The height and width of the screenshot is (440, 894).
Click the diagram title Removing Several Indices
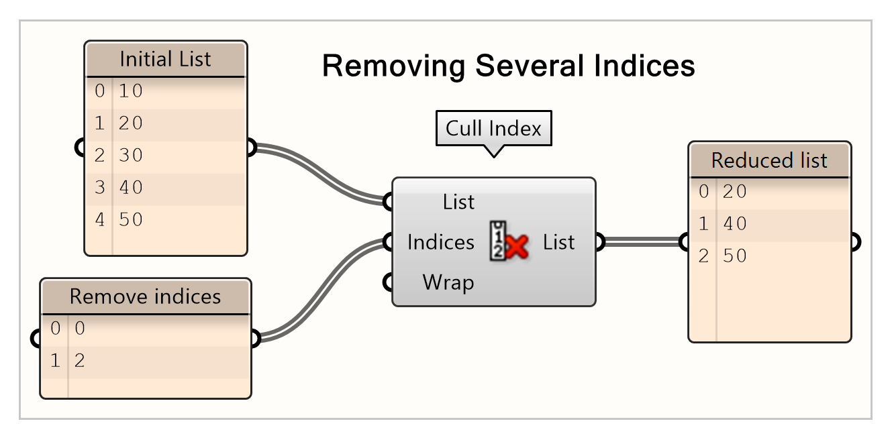508,66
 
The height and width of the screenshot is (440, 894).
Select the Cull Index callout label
493,128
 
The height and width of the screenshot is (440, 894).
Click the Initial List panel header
165,59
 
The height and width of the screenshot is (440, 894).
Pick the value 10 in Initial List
131,91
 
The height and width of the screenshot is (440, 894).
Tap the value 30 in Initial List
131,156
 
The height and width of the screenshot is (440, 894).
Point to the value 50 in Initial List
131,220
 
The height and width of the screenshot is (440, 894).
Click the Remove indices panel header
145,296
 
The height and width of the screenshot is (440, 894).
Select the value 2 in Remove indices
80,362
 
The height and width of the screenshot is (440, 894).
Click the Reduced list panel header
769,160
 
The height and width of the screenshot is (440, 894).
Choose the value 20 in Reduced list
735,192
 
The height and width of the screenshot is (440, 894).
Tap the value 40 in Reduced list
735,224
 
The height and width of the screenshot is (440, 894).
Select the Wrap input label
448,282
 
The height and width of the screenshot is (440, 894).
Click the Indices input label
440,242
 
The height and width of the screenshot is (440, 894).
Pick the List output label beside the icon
558,242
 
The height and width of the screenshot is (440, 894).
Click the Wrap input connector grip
388,282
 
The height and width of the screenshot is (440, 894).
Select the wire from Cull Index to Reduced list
641,241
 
